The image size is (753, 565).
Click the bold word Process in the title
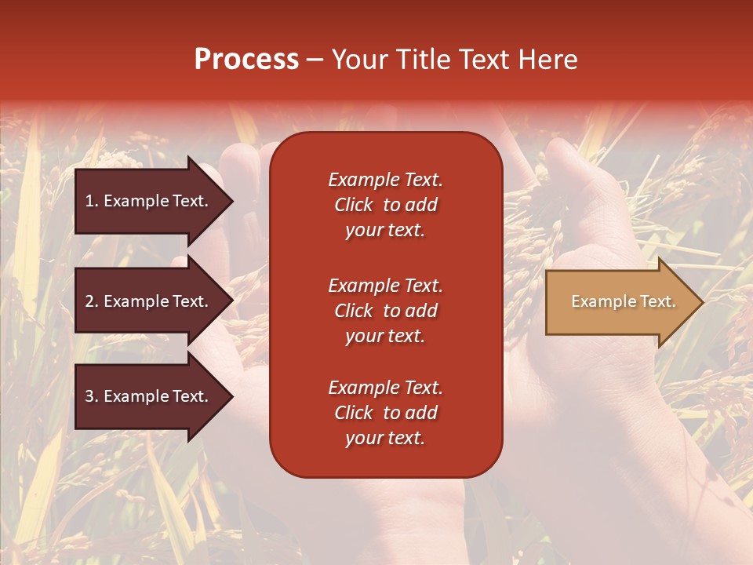(246, 60)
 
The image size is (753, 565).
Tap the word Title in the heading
(420, 60)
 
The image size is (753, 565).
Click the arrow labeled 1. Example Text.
(149, 201)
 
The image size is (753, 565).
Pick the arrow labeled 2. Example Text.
(149, 301)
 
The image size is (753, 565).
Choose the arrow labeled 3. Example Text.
(149, 396)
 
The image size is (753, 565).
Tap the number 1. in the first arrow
(92, 201)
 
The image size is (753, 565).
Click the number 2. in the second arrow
(92, 301)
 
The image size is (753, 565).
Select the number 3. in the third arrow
(92, 396)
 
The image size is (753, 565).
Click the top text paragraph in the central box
(385, 205)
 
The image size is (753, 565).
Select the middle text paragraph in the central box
(385, 311)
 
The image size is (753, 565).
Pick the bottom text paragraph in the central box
(385, 413)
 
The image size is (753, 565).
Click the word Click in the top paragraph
(354, 205)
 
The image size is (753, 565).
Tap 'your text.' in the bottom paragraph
(385, 438)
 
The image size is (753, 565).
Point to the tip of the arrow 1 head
(231, 201)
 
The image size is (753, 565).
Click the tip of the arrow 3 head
(231, 396)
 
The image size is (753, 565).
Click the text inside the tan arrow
(623, 301)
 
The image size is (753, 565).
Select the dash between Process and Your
(315, 60)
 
